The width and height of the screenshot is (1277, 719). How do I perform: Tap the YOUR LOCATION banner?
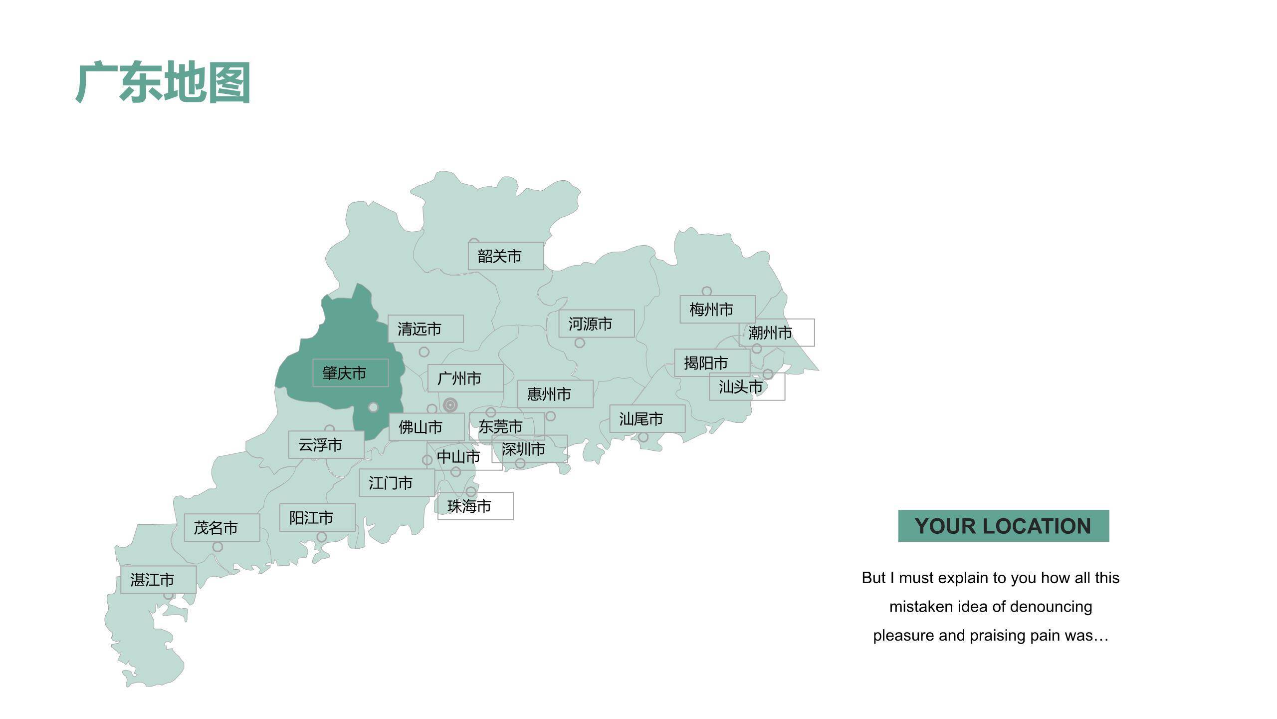pyautogui.click(x=1003, y=526)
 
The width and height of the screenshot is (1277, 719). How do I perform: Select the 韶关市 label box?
pyautogui.click(x=505, y=256)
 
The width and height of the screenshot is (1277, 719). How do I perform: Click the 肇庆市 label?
pyautogui.click(x=350, y=372)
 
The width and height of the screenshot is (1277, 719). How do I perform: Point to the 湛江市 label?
pyautogui.click(x=158, y=580)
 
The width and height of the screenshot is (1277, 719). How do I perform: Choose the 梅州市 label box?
pyautogui.click(x=717, y=310)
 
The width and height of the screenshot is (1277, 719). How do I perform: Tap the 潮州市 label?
pyautogui.click(x=776, y=333)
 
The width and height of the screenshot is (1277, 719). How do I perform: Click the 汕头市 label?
pyautogui.click(x=747, y=386)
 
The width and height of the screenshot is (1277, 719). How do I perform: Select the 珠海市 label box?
pyautogui.click(x=475, y=506)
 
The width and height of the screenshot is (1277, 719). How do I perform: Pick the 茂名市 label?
pyautogui.click(x=221, y=527)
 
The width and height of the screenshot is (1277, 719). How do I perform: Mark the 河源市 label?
pyautogui.click(x=596, y=324)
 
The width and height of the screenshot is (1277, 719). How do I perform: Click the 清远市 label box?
pyautogui.click(x=426, y=329)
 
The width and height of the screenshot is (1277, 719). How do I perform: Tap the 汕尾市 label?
pyautogui.click(x=647, y=418)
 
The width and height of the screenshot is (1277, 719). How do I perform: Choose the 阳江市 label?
pyautogui.click(x=317, y=517)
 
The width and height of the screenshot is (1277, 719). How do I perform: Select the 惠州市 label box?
pyautogui.click(x=555, y=394)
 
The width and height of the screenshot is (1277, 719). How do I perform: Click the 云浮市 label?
pyautogui.click(x=326, y=444)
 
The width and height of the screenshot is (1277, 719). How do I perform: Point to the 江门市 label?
pyautogui.click(x=397, y=483)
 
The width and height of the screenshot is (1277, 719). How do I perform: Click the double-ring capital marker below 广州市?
pyautogui.click(x=450, y=405)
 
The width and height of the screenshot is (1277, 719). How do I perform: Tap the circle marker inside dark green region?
pyautogui.click(x=373, y=407)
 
